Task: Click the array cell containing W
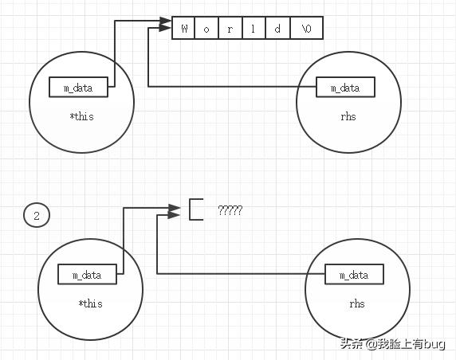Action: (184, 29)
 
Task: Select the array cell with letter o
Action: (206, 29)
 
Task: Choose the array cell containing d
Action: (277, 29)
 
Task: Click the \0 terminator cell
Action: (306, 29)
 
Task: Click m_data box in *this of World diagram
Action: (77, 87)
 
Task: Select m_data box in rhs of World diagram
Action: (344, 87)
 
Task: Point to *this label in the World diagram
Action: (81, 116)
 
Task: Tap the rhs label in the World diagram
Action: (347, 116)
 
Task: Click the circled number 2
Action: (36, 215)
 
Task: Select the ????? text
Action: (230, 210)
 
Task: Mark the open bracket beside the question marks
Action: (195, 209)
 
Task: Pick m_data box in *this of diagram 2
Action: (87, 274)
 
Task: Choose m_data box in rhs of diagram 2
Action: (354, 274)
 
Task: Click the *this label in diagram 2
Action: (90, 303)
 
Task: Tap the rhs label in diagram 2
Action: (356, 303)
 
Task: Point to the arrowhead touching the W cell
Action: (167, 29)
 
